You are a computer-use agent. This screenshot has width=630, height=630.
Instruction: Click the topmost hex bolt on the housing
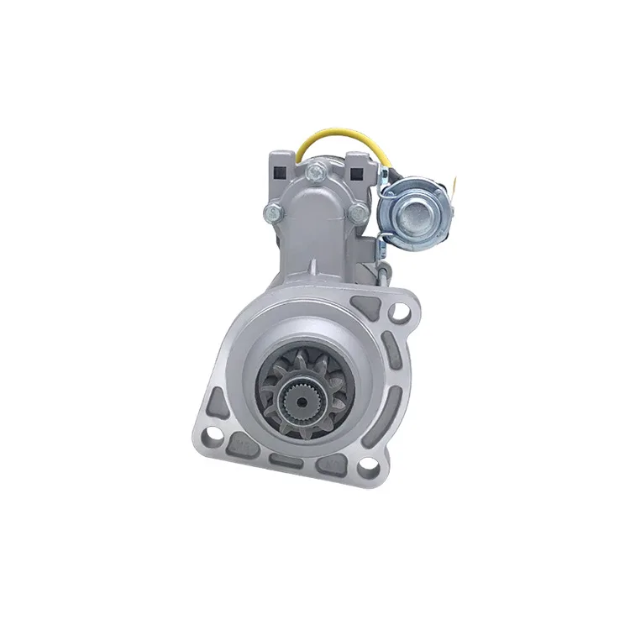click(315, 174)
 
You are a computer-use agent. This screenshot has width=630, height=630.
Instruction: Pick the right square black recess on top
click(354, 175)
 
